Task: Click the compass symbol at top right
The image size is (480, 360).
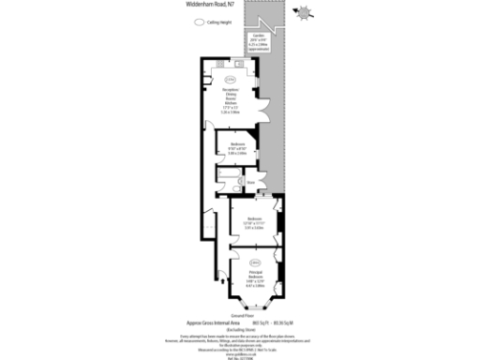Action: pyautogui.click(x=305, y=13)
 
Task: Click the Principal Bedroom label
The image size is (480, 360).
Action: pyautogui.click(x=255, y=276)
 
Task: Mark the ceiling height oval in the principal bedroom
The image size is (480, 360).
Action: pyautogui.click(x=255, y=262)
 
